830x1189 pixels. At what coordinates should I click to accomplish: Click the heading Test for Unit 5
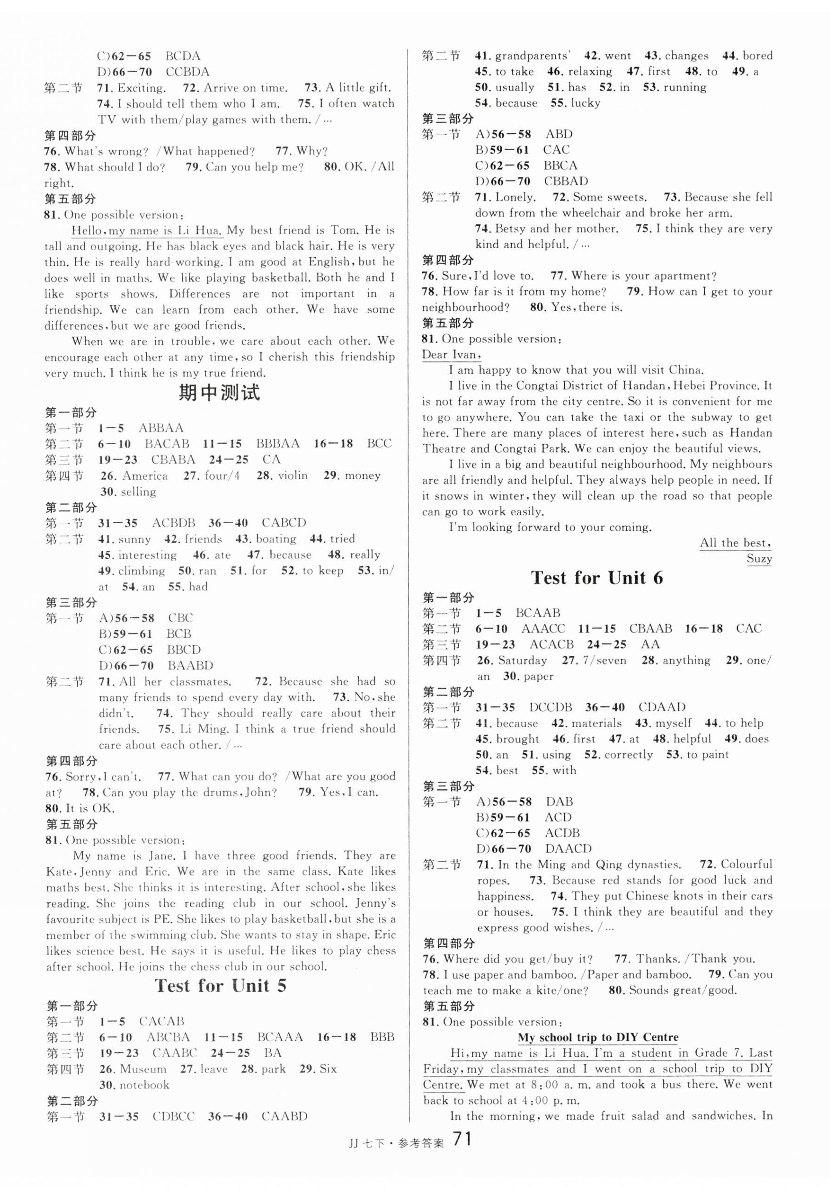click(x=220, y=986)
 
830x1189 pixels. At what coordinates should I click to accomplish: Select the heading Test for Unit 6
click(x=597, y=577)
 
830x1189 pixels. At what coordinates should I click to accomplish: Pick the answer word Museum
click(x=144, y=1069)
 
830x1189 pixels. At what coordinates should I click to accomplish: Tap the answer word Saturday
click(x=522, y=660)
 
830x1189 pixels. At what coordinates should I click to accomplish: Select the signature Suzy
click(x=758, y=558)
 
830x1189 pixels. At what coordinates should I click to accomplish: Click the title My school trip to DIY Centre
click(x=598, y=1037)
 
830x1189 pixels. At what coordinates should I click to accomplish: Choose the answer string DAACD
click(x=568, y=849)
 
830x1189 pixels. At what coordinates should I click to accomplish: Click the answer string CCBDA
click(x=188, y=72)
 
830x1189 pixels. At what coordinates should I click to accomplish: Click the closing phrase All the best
click(x=735, y=543)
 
